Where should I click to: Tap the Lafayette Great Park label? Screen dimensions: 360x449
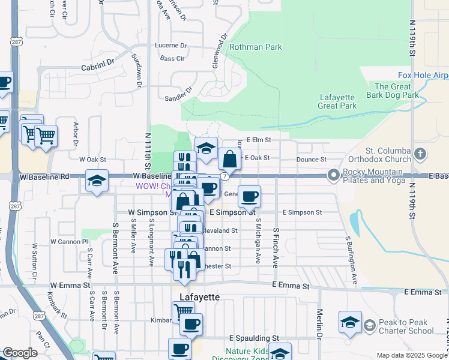pyautogui.click(x=337, y=101)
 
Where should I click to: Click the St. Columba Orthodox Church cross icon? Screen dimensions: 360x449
pyautogui.click(x=419, y=154)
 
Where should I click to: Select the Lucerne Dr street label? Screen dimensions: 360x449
pyautogui.click(x=170, y=46)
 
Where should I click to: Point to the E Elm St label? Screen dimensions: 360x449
pyautogui.click(x=259, y=140)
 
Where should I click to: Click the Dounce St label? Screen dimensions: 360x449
pyautogui.click(x=311, y=160)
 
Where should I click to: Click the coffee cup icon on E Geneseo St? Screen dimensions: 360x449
pyautogui.click(x=249, y=195)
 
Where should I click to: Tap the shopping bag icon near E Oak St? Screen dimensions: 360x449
pyautogui.click(x=229, y=160)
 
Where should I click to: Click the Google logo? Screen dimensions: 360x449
pyautogui.click(x=20, y=353)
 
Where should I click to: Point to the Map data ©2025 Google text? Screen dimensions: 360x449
pyautogui.click(x=411, y=355)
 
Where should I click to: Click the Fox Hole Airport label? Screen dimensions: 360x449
pyautogui.click(x=423, y=75)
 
